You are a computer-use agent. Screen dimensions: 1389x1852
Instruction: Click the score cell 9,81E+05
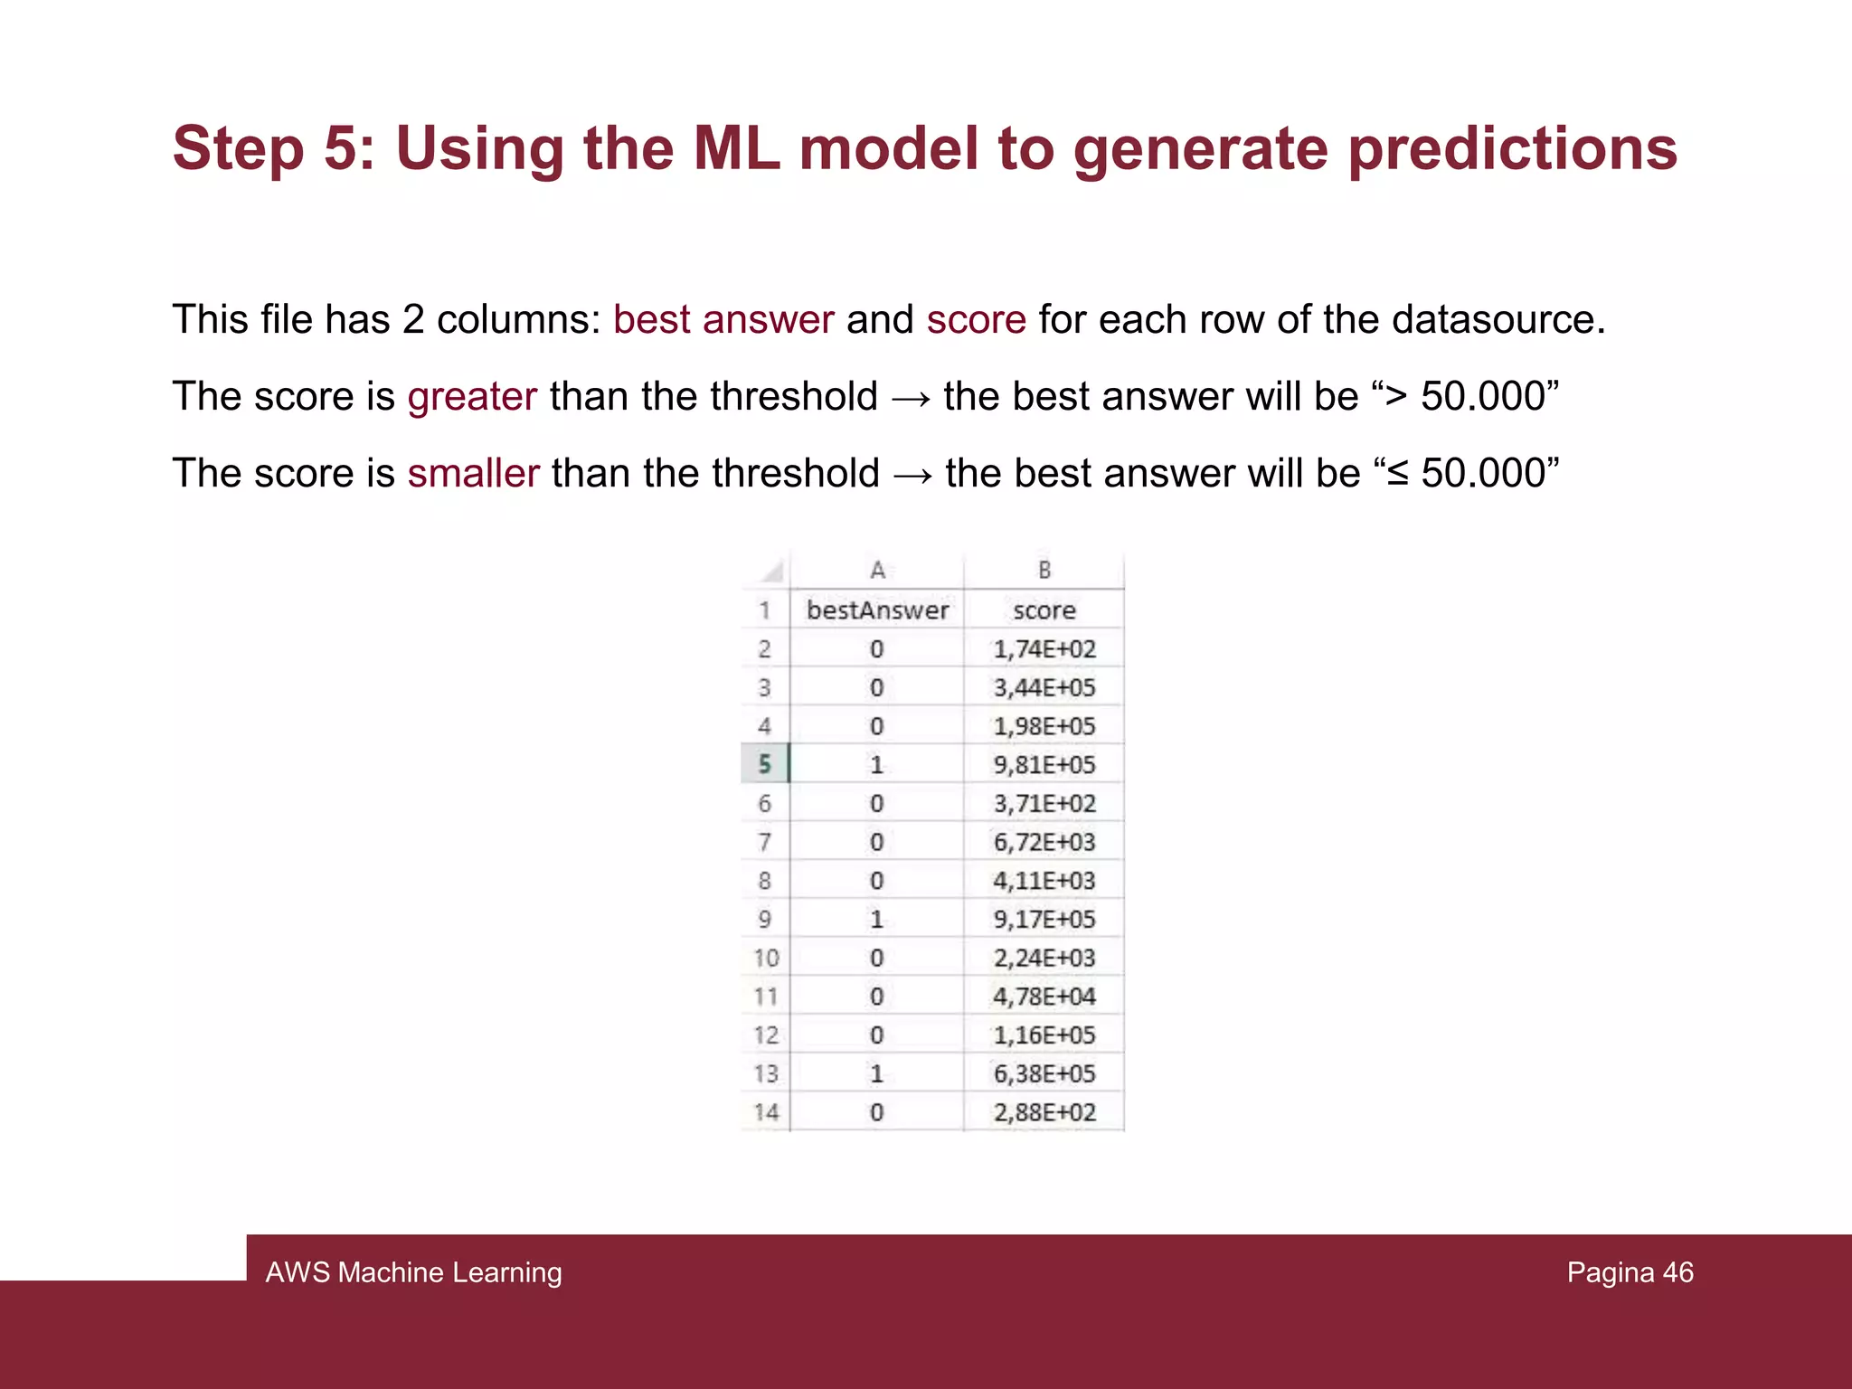[1044, 765]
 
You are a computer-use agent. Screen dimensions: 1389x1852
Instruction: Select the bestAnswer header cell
[877, 610]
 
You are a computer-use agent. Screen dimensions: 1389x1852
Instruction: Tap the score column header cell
[1044, 610]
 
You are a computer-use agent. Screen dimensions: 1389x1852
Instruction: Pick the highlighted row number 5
[765, 764]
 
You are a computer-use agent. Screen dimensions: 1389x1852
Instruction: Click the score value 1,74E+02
[1044, 649]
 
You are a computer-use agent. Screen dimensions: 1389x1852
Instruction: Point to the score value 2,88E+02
[1044, 1112]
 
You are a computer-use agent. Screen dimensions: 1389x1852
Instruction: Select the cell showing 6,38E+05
[1044, 1073]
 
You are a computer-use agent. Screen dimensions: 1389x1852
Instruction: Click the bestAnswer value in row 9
[876, 920]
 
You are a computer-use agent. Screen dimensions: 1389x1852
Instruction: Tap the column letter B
[1044, 571]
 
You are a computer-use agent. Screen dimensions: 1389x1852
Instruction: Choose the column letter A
[877, 571]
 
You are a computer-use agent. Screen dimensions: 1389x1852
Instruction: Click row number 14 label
[766, 1112]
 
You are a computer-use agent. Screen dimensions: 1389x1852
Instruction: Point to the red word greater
[472, 397]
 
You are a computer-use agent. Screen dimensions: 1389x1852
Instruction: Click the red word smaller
[473, 474]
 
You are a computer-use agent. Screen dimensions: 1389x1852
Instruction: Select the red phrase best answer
[723, 320]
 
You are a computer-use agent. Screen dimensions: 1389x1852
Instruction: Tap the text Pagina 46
[1630, 1272]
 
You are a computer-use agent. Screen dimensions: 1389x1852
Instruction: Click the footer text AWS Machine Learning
[413, 1272]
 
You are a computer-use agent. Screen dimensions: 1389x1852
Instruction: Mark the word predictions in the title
[1512, 148]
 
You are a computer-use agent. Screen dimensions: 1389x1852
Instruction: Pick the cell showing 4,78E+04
[1044, 997]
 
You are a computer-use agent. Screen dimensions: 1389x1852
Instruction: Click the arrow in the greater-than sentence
[911, 398]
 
